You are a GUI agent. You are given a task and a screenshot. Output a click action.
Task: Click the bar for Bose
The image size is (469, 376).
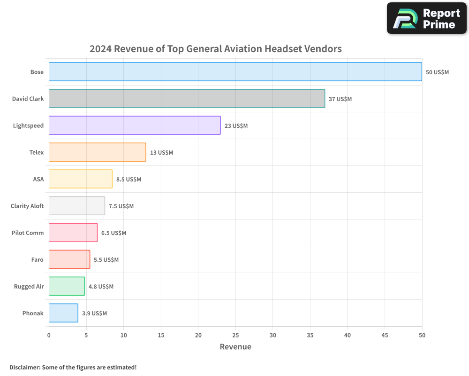[x=235, y=72]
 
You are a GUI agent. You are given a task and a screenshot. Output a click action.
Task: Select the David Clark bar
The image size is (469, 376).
[x=187, y=99]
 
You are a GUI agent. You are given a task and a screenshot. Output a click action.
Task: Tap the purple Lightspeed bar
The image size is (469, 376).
[x=135, y=125]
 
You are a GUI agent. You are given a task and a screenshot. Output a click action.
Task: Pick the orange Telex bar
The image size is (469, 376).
[x=97, y=152]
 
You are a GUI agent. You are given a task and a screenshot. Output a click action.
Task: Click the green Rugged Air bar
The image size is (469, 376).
[x=67, y=286]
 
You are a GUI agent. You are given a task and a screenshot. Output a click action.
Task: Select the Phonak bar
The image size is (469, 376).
[x=63, y=313]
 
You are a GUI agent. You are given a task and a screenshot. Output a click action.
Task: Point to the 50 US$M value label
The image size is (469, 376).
[x=437, y=72]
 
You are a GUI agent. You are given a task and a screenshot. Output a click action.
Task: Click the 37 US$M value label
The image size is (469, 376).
[x=340, y=99]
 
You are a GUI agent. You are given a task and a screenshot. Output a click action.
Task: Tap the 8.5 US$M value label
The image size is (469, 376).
[x=129, y=180]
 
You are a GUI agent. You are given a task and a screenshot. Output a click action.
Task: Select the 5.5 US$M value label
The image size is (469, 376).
[x=106, y=260]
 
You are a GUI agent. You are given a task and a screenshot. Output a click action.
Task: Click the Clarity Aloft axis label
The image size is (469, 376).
[x=27, y=206]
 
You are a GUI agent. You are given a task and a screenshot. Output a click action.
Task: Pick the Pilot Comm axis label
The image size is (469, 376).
[x=28, y=233]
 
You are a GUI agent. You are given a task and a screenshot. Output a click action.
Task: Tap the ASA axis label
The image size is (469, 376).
[x=38, y=180]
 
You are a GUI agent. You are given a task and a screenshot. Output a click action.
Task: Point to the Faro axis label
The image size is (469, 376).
[x=38, y=260]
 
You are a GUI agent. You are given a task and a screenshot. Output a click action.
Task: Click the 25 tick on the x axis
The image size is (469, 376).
[x=235, y=336]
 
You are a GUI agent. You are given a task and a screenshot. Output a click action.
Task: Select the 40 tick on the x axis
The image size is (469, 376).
[x=348, y=336]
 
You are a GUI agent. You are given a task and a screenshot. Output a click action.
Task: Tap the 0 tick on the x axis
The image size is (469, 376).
[x=49, y=336]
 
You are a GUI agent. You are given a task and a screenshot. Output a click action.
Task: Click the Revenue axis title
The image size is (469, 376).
[x=235, y=347]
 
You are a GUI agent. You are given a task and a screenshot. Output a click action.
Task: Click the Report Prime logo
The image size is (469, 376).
[x=427, y=18]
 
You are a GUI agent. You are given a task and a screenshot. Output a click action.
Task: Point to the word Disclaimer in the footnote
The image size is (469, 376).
[x=24, y=368]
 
